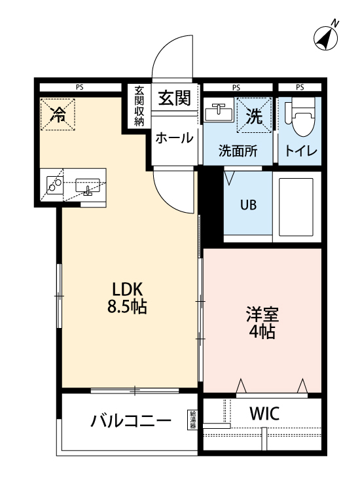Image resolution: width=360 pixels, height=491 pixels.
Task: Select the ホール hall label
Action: pos(174,138)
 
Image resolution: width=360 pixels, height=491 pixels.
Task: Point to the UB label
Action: pos(248,204)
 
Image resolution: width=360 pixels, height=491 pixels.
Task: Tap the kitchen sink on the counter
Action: pos(86,187)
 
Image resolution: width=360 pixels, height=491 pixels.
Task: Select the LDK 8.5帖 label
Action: pos(128,297)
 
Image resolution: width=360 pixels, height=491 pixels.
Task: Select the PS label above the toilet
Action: pos(300,87)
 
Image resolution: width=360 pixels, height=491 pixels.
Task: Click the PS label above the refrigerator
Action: pos(79,87)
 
